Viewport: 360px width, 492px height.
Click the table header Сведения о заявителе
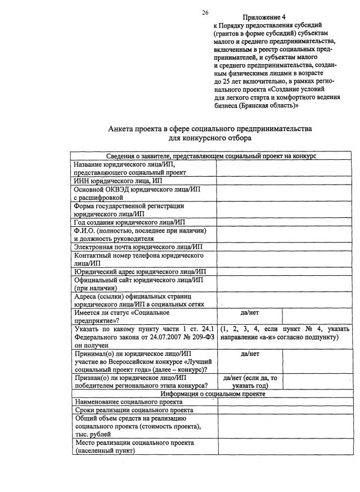tap(211, 156)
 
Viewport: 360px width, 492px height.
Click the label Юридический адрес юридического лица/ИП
tap(140, 271)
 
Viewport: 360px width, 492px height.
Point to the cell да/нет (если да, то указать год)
tap(250, 382)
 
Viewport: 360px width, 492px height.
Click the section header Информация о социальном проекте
tap(211, 394)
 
